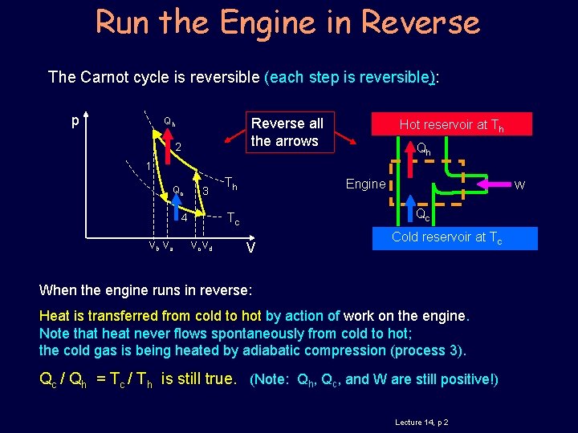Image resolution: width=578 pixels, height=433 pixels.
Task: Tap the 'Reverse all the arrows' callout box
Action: [x=287, y=132]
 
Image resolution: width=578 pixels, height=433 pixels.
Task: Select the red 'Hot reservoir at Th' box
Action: [x=452, y=124]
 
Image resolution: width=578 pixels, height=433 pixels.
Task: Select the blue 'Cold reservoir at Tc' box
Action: [x=447, y=237]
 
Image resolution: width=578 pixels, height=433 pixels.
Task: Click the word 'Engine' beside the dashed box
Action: [x=365, y=184]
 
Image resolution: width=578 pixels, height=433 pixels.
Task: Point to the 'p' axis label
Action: [x=75, y=122]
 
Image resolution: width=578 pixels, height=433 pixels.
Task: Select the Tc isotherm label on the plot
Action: [x=232, y=218]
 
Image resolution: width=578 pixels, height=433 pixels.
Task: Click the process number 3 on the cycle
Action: [x=206, y=191]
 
